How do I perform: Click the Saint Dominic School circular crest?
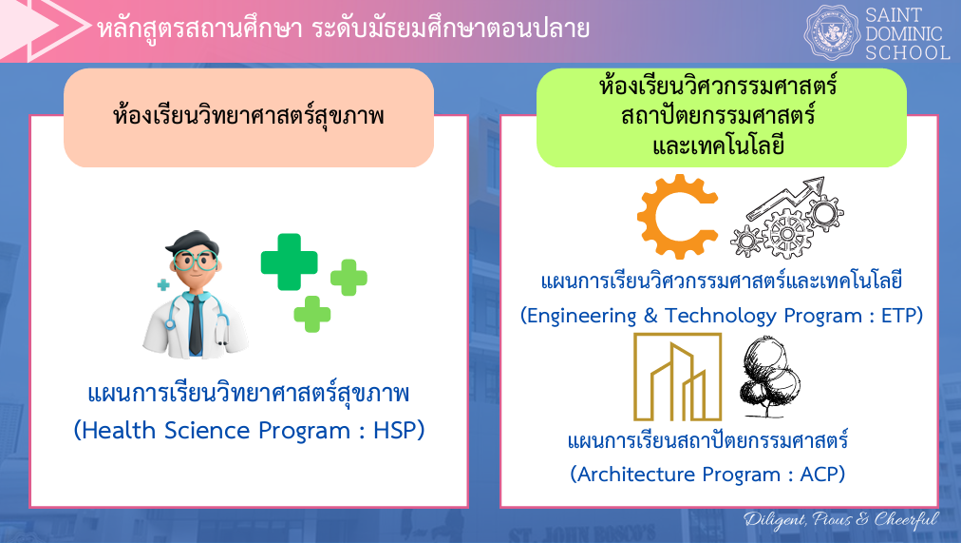tap(832, 32)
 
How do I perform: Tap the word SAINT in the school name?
tap(895, 14)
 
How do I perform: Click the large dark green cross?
tap(289, 262)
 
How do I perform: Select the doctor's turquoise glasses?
tap(195, 261)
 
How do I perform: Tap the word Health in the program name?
tap(119, 430)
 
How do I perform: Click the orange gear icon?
tap(678, 217)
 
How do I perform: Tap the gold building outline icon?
tap(677, 377)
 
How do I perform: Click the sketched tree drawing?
tap(769, 378)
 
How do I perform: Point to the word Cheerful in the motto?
tap(907, 519)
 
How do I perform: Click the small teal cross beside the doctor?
tap(163, 284)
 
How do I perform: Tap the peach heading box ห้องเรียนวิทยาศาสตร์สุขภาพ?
tap(249, 118)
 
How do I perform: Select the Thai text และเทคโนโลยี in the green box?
tap(718, 146)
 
